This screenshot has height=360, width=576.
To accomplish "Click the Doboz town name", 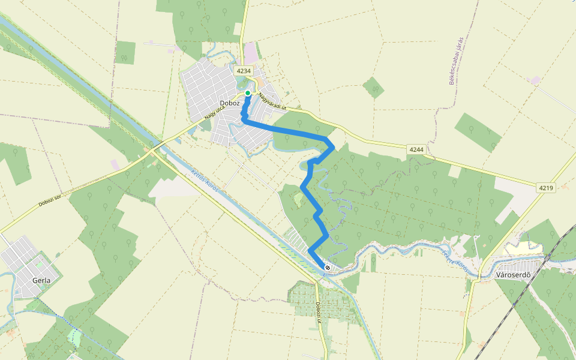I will point(230,103).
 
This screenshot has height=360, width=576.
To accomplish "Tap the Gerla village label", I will point(41,280).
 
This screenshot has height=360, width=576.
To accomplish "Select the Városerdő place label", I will point(514,275).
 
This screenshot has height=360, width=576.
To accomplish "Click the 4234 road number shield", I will point(243,71).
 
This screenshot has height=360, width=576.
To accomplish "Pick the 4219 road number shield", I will point(545,188).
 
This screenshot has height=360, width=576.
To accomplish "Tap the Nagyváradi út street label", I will point(274,100).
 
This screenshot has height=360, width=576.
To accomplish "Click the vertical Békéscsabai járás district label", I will point(457,61).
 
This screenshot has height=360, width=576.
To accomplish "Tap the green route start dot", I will point(247,93).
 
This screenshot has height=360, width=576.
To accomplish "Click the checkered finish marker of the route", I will point(327,267).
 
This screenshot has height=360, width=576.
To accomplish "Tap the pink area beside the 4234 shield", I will point(250,55).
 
